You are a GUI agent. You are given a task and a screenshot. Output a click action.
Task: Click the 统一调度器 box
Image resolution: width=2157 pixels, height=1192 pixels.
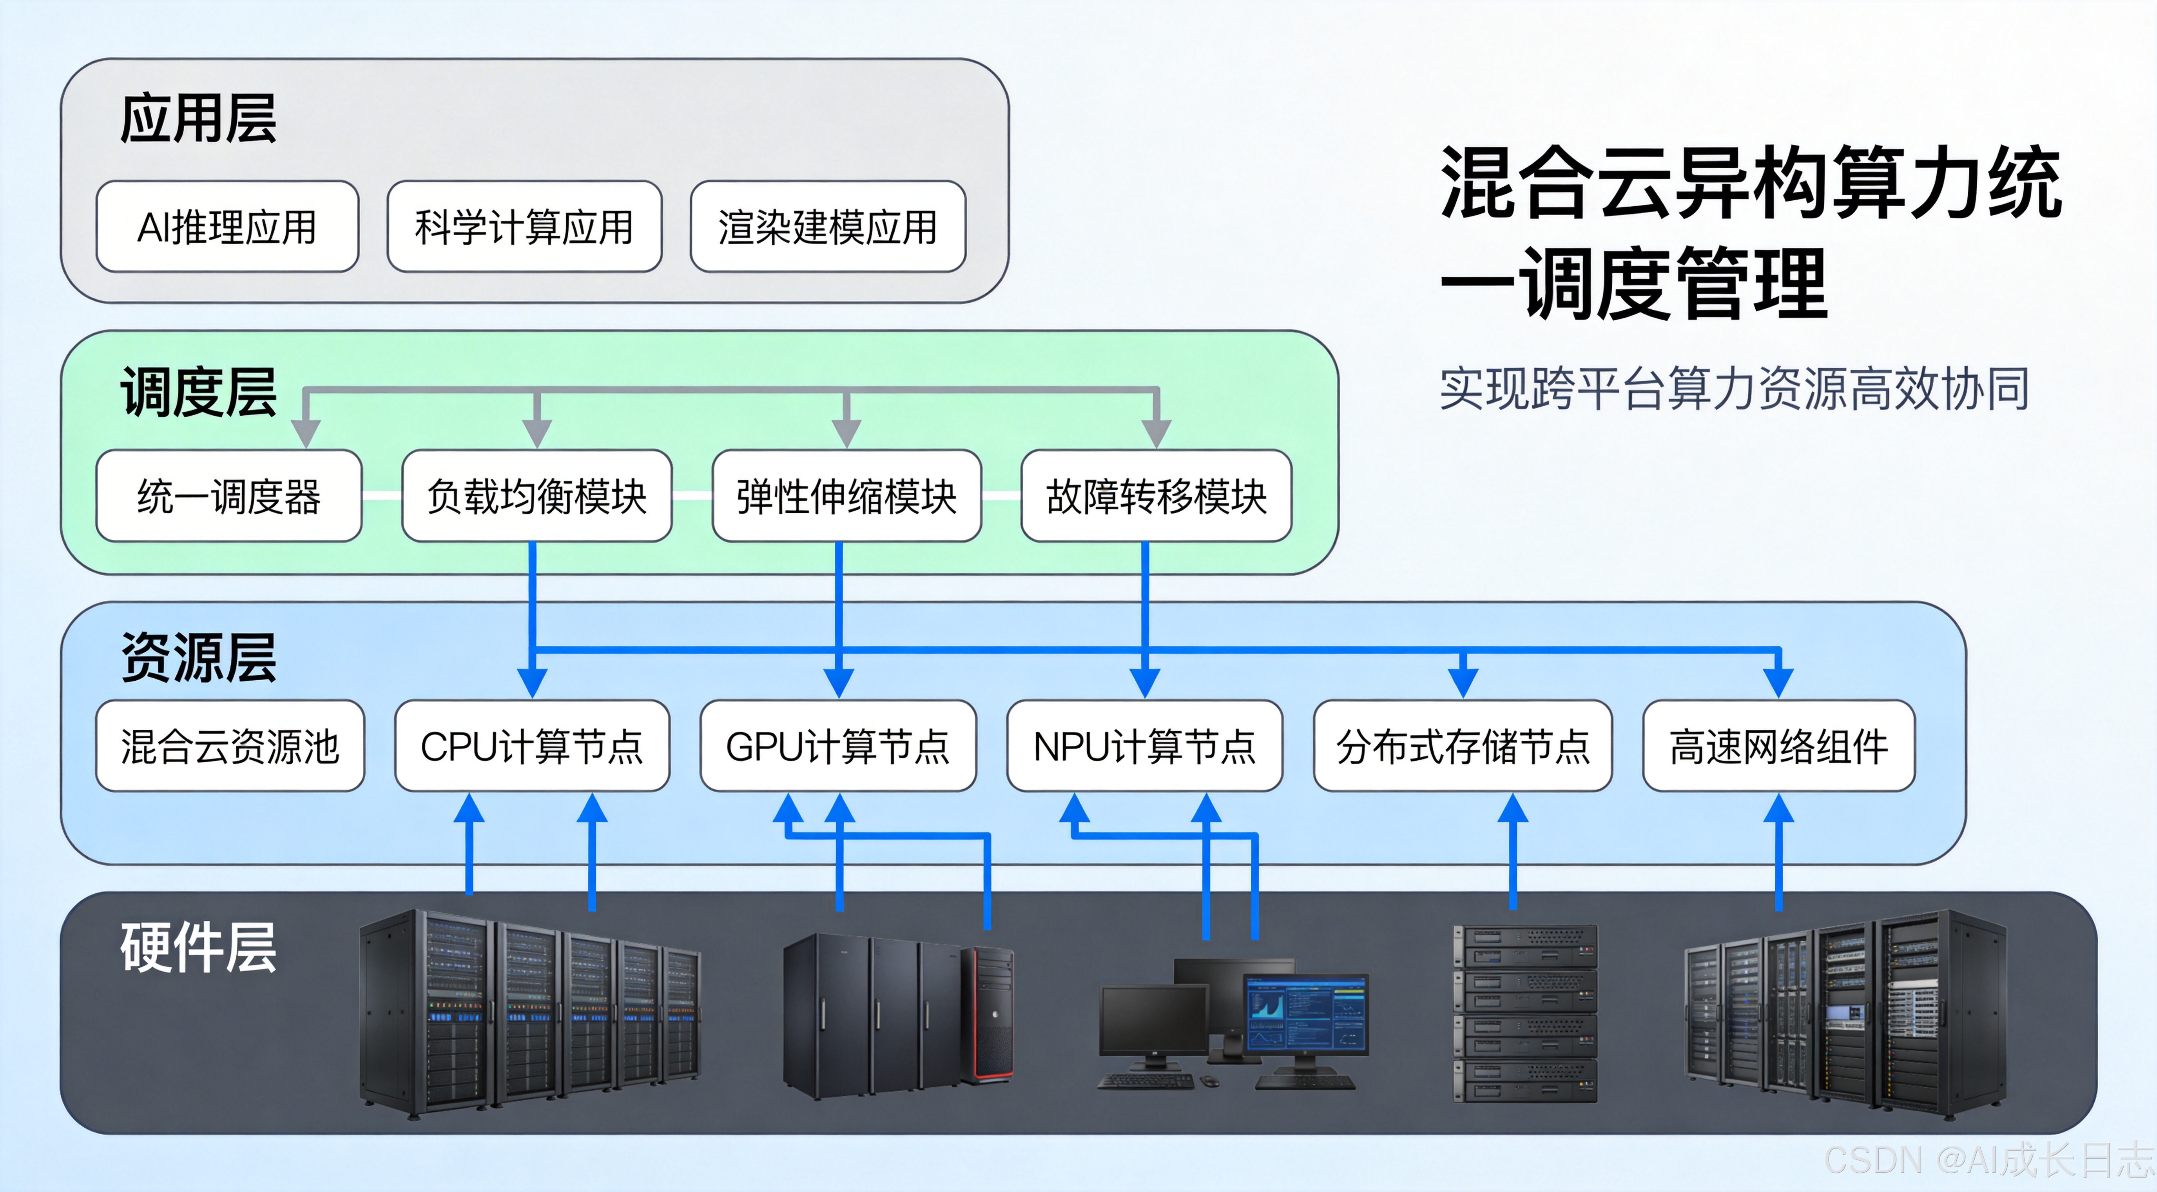(x=228, y=496)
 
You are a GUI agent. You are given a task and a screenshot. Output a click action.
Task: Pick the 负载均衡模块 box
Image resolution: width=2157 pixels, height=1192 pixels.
(x=537, y=496)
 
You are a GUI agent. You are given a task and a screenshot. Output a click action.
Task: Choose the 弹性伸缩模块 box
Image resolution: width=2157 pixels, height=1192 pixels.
(x=846, y=496)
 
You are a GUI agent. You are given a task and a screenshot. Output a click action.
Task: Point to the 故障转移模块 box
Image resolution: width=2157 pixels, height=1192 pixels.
(x=1156, y=496)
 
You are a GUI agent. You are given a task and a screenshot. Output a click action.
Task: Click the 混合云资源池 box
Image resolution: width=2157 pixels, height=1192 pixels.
(x=230, y=745)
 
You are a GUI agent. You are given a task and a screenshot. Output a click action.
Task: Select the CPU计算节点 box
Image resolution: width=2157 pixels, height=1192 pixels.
(x=532, y=745)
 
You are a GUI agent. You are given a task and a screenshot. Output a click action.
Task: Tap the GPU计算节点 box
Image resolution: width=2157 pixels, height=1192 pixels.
(x=838, y=745)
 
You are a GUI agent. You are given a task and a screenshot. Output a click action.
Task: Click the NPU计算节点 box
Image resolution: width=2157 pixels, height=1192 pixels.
(x=1145, y=745)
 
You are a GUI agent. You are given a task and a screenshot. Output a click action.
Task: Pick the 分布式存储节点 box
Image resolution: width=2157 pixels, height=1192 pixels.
(x=1463, y=745)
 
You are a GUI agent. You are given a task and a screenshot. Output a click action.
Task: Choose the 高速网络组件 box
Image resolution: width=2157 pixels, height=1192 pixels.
(x=1778, y=745)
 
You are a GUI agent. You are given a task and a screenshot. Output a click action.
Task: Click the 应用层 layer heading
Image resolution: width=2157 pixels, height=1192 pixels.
(x=198, y=119)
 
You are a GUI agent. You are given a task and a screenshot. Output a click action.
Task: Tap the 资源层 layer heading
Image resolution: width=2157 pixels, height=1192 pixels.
(x=198, y=658)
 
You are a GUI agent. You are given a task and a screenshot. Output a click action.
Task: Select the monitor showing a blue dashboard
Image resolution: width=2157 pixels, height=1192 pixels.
(x=1306, y=1015)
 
